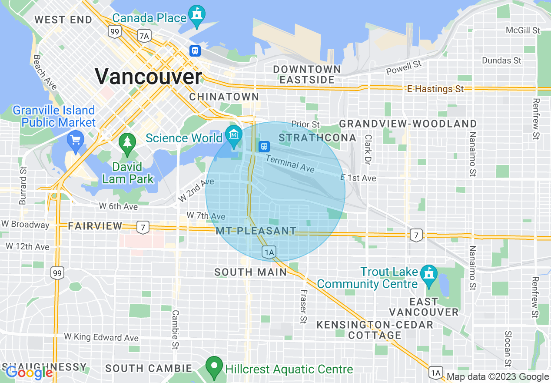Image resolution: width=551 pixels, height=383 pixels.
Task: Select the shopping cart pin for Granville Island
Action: [76, 141]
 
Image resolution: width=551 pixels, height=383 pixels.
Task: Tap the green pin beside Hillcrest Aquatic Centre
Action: [214, 367]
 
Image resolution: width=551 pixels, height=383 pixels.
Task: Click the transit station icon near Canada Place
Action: [195, 51]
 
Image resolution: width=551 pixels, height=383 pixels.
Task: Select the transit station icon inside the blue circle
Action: [263, 146]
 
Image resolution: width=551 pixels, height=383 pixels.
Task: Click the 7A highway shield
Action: [143, 36]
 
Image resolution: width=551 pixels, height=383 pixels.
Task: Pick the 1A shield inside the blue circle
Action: [269, 252]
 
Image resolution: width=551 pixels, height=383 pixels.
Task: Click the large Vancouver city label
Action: [149, 77]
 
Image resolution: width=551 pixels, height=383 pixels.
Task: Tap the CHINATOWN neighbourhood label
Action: [224, 97]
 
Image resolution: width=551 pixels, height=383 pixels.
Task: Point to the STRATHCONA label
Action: [317, 138]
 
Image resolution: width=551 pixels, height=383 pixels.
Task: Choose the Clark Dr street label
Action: [368, 149]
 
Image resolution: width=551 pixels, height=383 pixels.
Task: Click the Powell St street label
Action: [404, 67]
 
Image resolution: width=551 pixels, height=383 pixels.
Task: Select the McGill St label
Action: [523, 30]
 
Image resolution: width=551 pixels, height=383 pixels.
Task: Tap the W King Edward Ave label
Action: [101, 337]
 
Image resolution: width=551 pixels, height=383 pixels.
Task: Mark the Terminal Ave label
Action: [290, 164]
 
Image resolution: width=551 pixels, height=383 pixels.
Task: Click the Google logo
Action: [29, 373]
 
